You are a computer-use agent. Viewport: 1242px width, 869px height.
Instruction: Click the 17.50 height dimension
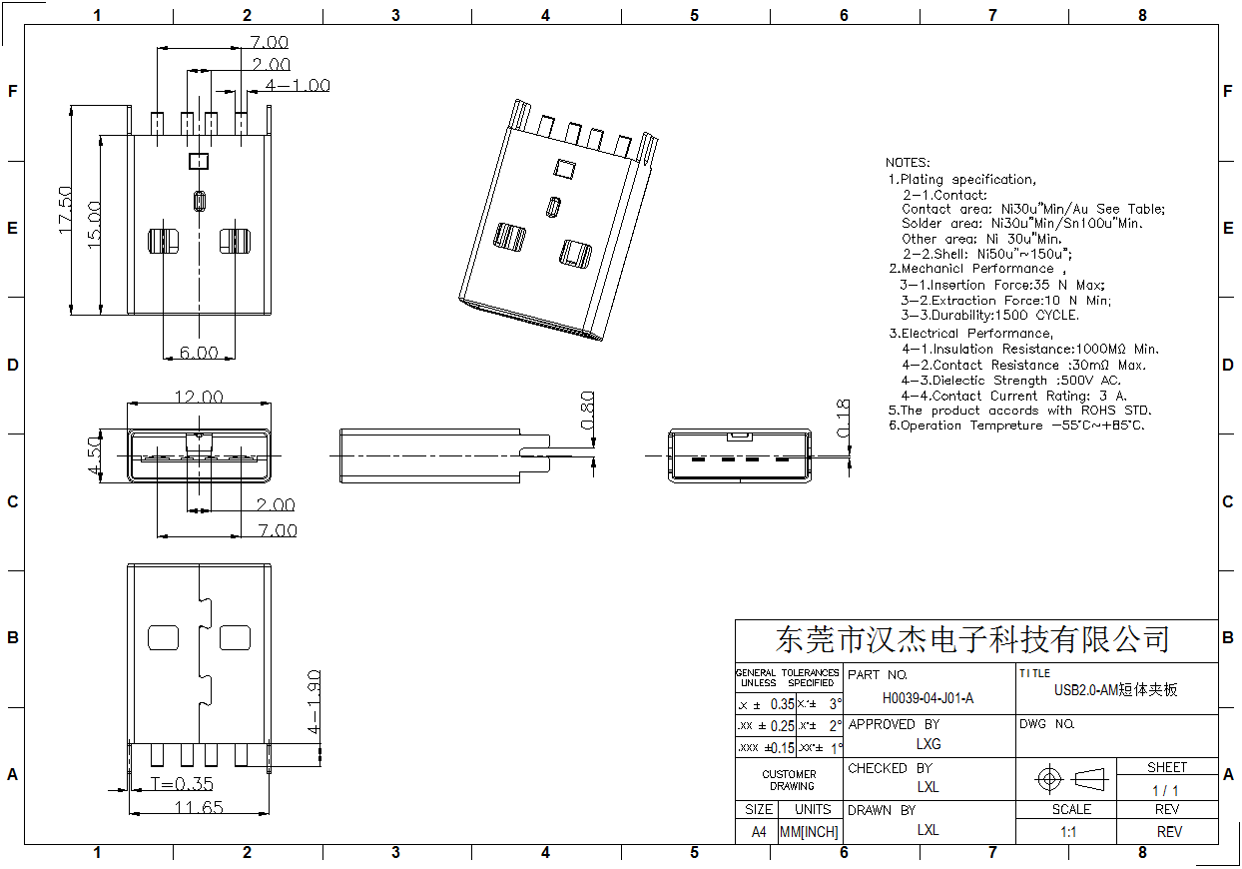click(66, 209)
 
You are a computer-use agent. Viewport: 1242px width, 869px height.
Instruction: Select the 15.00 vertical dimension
click(94, 224)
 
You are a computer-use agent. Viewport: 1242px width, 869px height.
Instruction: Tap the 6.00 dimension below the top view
click(199, 353)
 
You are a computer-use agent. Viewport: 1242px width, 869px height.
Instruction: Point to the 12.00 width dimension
click(199, 398)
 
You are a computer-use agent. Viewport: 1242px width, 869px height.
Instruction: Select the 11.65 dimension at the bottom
click(199, 807)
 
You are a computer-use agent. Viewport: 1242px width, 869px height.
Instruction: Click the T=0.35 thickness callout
click(182, 784)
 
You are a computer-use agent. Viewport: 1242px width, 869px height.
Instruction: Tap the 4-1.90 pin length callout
click(313, 703)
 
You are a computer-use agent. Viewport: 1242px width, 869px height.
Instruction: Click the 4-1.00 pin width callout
click(298, 86)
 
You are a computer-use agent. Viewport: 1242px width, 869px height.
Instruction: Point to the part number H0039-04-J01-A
click(928, 699)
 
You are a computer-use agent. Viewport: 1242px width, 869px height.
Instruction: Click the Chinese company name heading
click(972, 639)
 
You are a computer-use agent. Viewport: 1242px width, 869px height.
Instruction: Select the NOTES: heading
click(908, 162)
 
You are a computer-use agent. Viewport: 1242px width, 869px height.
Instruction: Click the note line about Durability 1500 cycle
click(989, 315)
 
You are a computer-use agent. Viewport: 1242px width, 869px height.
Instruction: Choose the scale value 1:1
click(1067, 831)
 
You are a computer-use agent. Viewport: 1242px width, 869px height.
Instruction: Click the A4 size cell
click(759, 831)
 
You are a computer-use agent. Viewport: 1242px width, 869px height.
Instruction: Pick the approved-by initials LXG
click(929, 744)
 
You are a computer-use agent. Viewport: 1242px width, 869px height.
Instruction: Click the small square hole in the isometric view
click(564, 169)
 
